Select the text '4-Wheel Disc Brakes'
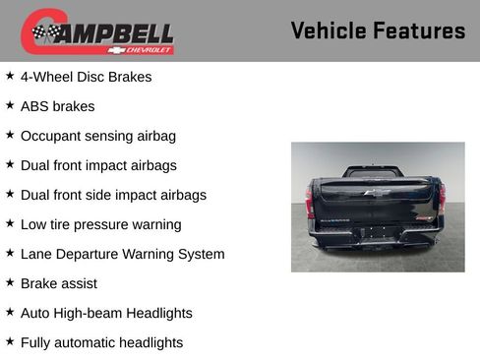point(86,77)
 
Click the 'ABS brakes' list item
point(57,106)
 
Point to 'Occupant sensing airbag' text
point(97,136)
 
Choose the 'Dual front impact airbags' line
point(98,165)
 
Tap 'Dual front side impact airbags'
point(113,195)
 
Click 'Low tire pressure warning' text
point(100,224)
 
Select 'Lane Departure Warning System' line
point(122,254)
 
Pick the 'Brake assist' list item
point(58,283)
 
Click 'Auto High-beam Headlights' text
point(106,313)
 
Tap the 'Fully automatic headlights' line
point(101,342)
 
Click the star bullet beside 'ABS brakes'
point(10,104)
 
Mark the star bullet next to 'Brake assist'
point(10,281)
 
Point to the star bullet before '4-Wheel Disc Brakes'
point(10,75)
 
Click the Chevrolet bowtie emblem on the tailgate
point(376,193)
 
